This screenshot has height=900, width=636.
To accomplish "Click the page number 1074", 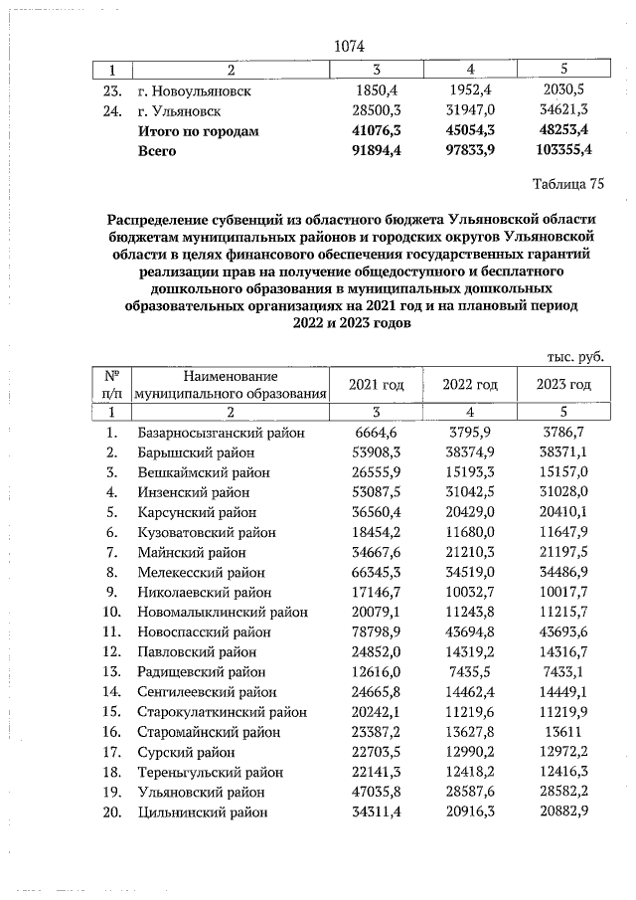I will pyautogui.click(x=350, y=47).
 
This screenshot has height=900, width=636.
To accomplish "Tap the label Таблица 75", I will pyautogui.click(x=568, y=184).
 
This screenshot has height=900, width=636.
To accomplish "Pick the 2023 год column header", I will pyautogui.click(x=563, y=385).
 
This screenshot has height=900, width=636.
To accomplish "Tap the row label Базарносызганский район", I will pyautogui.click(x=221, y=433).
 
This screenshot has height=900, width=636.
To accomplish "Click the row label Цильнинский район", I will pyautogui.click(x=203, y=812).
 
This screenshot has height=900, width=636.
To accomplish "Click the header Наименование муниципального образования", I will pyautogui.click(x=232, y=385).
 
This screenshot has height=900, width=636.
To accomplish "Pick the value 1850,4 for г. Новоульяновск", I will pyautogui.click(x=377, y=90).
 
